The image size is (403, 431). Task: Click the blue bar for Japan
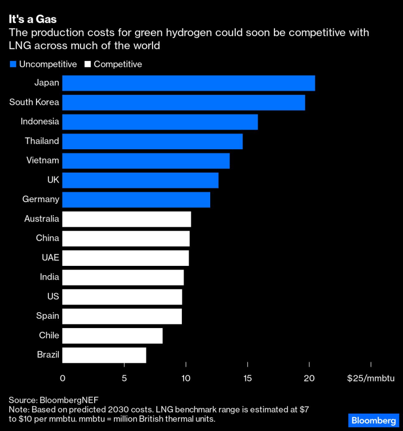[x=188, y=83]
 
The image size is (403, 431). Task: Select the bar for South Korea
[x=184, y=102]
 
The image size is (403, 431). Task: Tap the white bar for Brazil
[x=104, y=355]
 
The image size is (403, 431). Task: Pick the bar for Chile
[x=112, y=336]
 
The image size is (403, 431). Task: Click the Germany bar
[x=136, y=199]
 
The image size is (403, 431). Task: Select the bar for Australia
[x=126, y=219]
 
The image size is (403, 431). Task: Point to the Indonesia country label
[x=40, y=122]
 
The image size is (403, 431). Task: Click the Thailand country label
[x=42, y=141]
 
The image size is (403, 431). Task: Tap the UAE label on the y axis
[x=50, y=258]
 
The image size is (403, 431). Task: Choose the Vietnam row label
[x=42, y=161]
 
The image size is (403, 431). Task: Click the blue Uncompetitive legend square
[x=13, y=64]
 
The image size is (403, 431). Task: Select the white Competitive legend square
[x=88, y=64]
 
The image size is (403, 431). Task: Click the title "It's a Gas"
[x=33, y=20]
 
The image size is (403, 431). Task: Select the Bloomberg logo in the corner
[x=373, y=420]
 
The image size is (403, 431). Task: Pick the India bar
[x=123, y=277]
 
